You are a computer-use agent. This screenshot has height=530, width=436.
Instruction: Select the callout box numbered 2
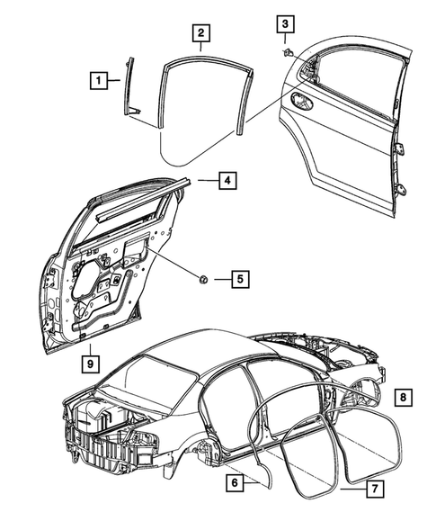coord(201,34)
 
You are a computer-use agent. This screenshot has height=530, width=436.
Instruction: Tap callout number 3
coord(285,24)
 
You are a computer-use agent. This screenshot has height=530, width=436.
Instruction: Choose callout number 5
coord(238,279)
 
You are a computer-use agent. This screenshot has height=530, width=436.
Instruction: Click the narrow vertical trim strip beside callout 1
coord(128,85)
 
